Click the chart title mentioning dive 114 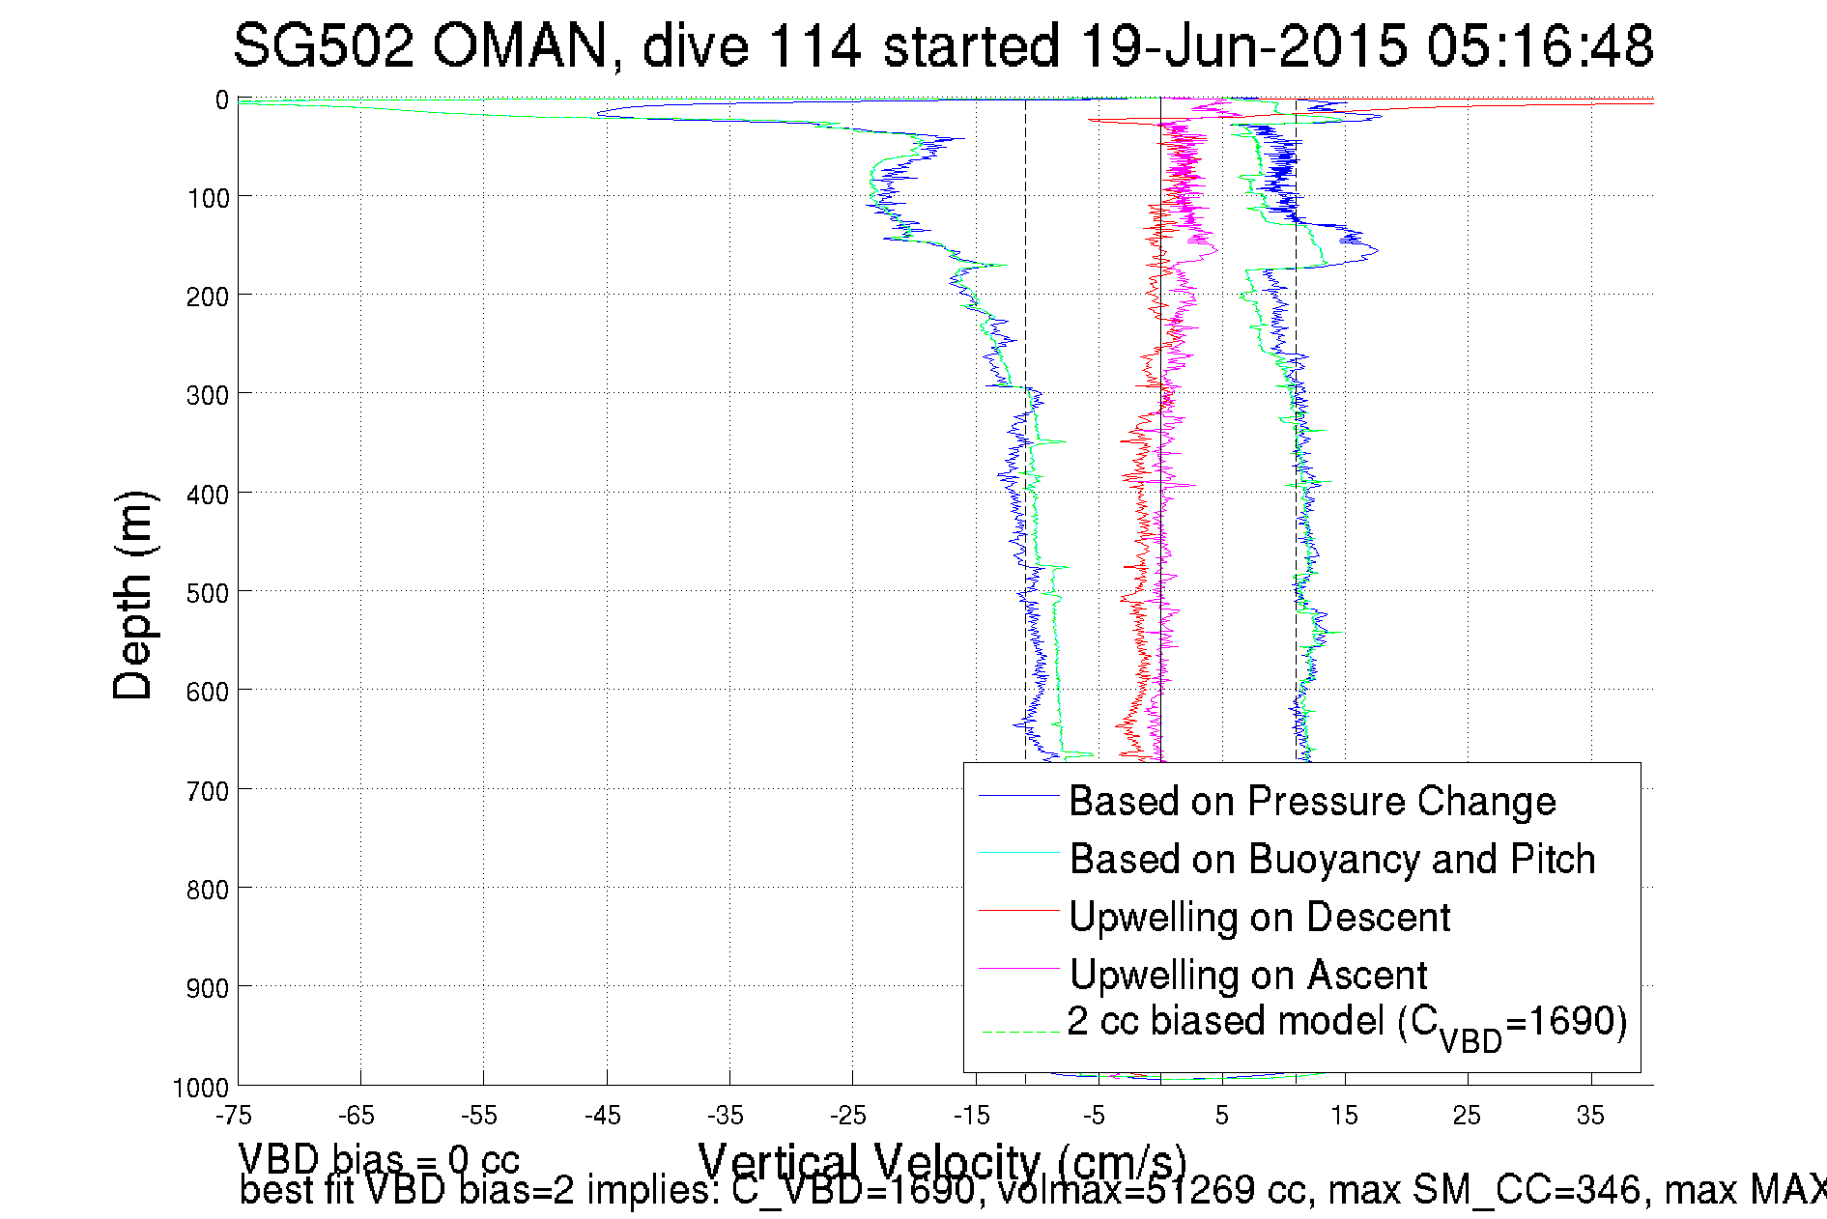click(943, 45)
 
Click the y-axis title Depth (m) click(133, 595)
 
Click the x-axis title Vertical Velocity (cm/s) click(941, 1162)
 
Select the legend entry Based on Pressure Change click(1311, 802)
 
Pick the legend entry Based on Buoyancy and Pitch click(1331, 860)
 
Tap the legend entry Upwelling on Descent click(1259, 918)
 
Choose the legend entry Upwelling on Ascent click(1247, 976)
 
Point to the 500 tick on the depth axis click(208, 592)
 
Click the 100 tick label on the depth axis click(208, 198)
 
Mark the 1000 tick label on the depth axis click(201, 1088)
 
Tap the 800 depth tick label click(208, 889)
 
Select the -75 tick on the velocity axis click(234, 1116)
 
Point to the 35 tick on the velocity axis click(1590, 1116)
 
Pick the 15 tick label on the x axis click(1344, 1116)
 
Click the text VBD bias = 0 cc click(379, 1159)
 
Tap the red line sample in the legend click(1019, 911)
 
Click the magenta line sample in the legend click(1019, 968)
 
